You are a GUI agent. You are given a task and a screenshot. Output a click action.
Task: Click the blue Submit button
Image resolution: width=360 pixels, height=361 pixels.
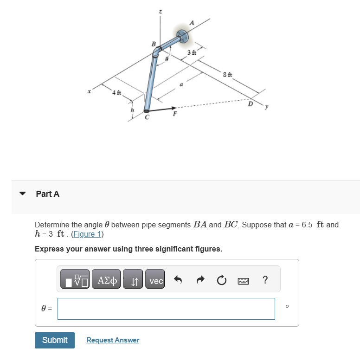click(x=55, y=340)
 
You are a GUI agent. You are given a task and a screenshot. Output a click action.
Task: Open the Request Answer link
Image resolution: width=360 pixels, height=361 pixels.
click(x=113, y=340)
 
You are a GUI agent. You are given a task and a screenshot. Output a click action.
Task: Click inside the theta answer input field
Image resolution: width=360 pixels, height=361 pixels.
click(x=166, y=309)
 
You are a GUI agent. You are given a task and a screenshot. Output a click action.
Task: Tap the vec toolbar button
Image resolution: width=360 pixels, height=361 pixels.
click(x=156, y=281)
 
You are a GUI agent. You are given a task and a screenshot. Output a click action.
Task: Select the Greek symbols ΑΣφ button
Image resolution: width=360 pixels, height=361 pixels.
click(x=106, y=281)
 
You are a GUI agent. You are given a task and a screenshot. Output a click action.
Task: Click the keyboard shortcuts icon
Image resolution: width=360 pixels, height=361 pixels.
click(x=243, y=281)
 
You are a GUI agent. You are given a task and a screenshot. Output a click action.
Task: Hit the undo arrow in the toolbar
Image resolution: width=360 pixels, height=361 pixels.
click(x=178, y=281)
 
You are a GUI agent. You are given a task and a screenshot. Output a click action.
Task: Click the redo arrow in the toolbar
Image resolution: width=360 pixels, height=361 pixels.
click(x=200, y=281)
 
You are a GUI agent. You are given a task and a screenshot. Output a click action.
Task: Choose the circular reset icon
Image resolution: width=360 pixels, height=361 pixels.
click(x=221, y=281)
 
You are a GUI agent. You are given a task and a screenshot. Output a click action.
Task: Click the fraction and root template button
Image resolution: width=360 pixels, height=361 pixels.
click(x=74, y=281)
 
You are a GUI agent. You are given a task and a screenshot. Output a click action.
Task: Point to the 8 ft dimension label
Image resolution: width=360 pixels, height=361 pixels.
click(x=227, y=75)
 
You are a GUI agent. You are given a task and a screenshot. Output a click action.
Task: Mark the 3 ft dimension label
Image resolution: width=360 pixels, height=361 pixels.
click(x=192, y=52)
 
